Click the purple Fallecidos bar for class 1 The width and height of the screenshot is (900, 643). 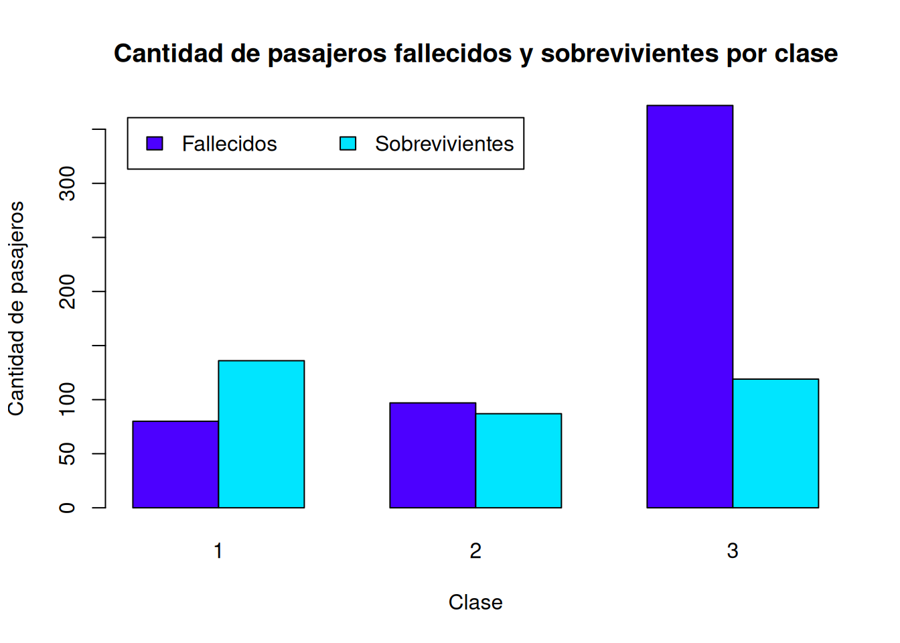pyautogui.click(x=175, y=464)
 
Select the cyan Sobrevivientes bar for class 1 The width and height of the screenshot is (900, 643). pyautogui.click(x=261, y=434)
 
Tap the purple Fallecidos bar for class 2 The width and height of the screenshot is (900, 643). pyautogui.click(x=433, y=455)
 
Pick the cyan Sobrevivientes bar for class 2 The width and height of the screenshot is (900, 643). pyautogui.click(x=518, y=460)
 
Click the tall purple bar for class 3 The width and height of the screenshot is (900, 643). pyautogui.click(x=690, y=306)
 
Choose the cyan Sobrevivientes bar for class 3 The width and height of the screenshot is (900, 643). pyautogui.click(x=775, y=443)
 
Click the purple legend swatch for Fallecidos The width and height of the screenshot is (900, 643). pyautogui.click(x=155, y=143)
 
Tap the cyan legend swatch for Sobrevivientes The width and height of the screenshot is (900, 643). pyautogui.click(x=348, y=143)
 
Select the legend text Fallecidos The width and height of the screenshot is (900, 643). pyautogui.click(x=229, y=144)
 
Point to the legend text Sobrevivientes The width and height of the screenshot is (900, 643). pyautogui.click(x=444, y=144)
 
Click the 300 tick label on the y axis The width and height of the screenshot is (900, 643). pyautogui.click(x=68, y=184)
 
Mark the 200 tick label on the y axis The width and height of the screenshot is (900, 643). pyautogui.click(x=68, y=291)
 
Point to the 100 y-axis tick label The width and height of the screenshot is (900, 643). pyautogui.click(x=68, y=399)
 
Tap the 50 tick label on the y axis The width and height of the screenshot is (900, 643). pyautogui.click(x=68, y=453)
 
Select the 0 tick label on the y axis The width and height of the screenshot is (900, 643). pyautogui.click(x=68, y=508)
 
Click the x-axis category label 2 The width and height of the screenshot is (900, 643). pyautogui.click(x=475, y=551)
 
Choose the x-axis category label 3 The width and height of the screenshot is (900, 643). pyautogui.click(x=733, y=551)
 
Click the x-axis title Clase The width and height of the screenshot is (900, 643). pyautogui.click(x=475, y=602)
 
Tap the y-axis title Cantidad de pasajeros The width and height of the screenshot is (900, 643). pyautogui.click(x=16, y=308)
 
